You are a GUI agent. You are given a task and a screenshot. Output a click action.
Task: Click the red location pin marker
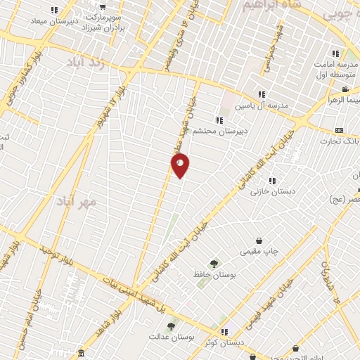(180, 166)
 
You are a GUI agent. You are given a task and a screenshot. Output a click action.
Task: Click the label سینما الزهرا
(345, 101)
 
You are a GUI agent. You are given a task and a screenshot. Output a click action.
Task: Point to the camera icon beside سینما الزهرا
(345, 89)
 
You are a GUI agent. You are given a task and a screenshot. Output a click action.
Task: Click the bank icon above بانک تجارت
(339, 130)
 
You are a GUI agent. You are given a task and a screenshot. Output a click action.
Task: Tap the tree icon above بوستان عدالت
(170, 326)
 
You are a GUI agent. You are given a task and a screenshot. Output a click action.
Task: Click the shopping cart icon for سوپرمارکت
(103, 7)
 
